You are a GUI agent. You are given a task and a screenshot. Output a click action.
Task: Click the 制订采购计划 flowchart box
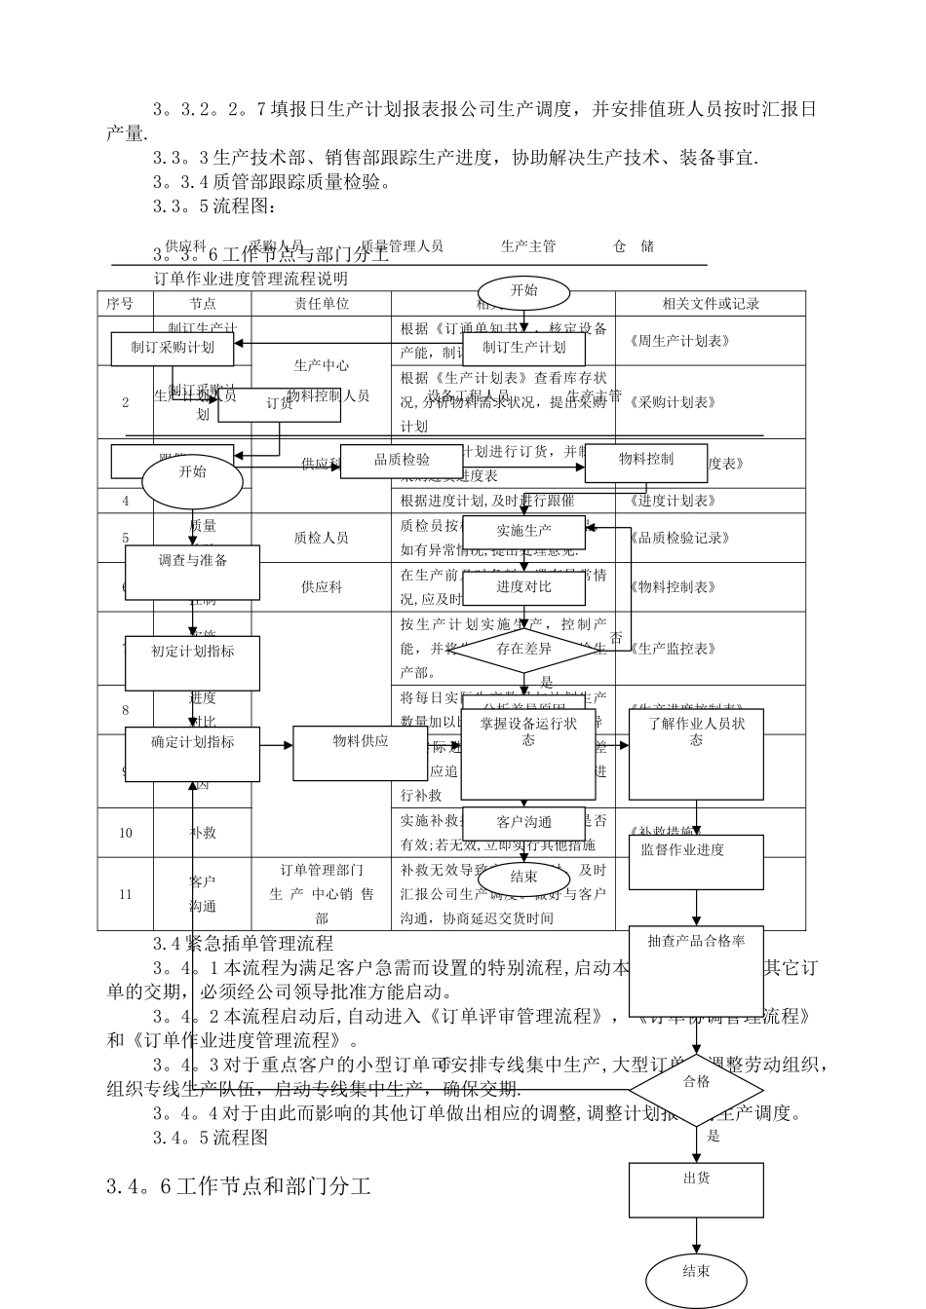[173, 348]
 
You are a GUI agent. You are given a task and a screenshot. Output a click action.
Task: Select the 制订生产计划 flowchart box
[523, 348]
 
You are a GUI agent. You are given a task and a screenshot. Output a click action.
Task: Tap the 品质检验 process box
[402, 461]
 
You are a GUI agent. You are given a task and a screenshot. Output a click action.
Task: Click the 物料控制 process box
[645, 461]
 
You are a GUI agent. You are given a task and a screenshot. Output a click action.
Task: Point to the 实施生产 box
[523, 532]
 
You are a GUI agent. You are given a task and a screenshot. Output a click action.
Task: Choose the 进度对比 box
[523, 587]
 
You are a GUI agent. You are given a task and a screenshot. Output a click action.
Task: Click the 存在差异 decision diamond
[523, 649]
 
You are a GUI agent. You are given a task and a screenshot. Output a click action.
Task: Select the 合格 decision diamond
[696, 1081]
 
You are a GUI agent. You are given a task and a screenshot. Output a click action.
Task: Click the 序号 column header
[119, 303]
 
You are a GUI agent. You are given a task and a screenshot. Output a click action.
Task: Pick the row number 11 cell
[125, 893]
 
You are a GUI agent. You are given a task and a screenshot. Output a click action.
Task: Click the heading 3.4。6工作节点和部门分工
[239, 1186]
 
